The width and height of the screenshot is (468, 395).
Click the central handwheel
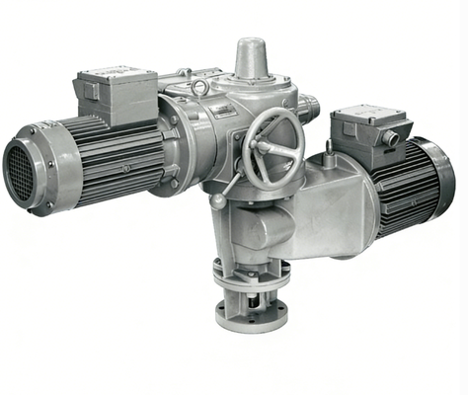(x=271, y=148)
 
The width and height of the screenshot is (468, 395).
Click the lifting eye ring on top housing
(x=200, y=88)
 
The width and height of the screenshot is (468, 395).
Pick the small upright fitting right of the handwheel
(x=328, y=150)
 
